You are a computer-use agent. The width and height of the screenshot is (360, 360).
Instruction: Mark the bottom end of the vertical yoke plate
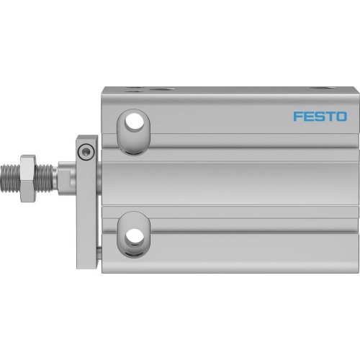point(86,253)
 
